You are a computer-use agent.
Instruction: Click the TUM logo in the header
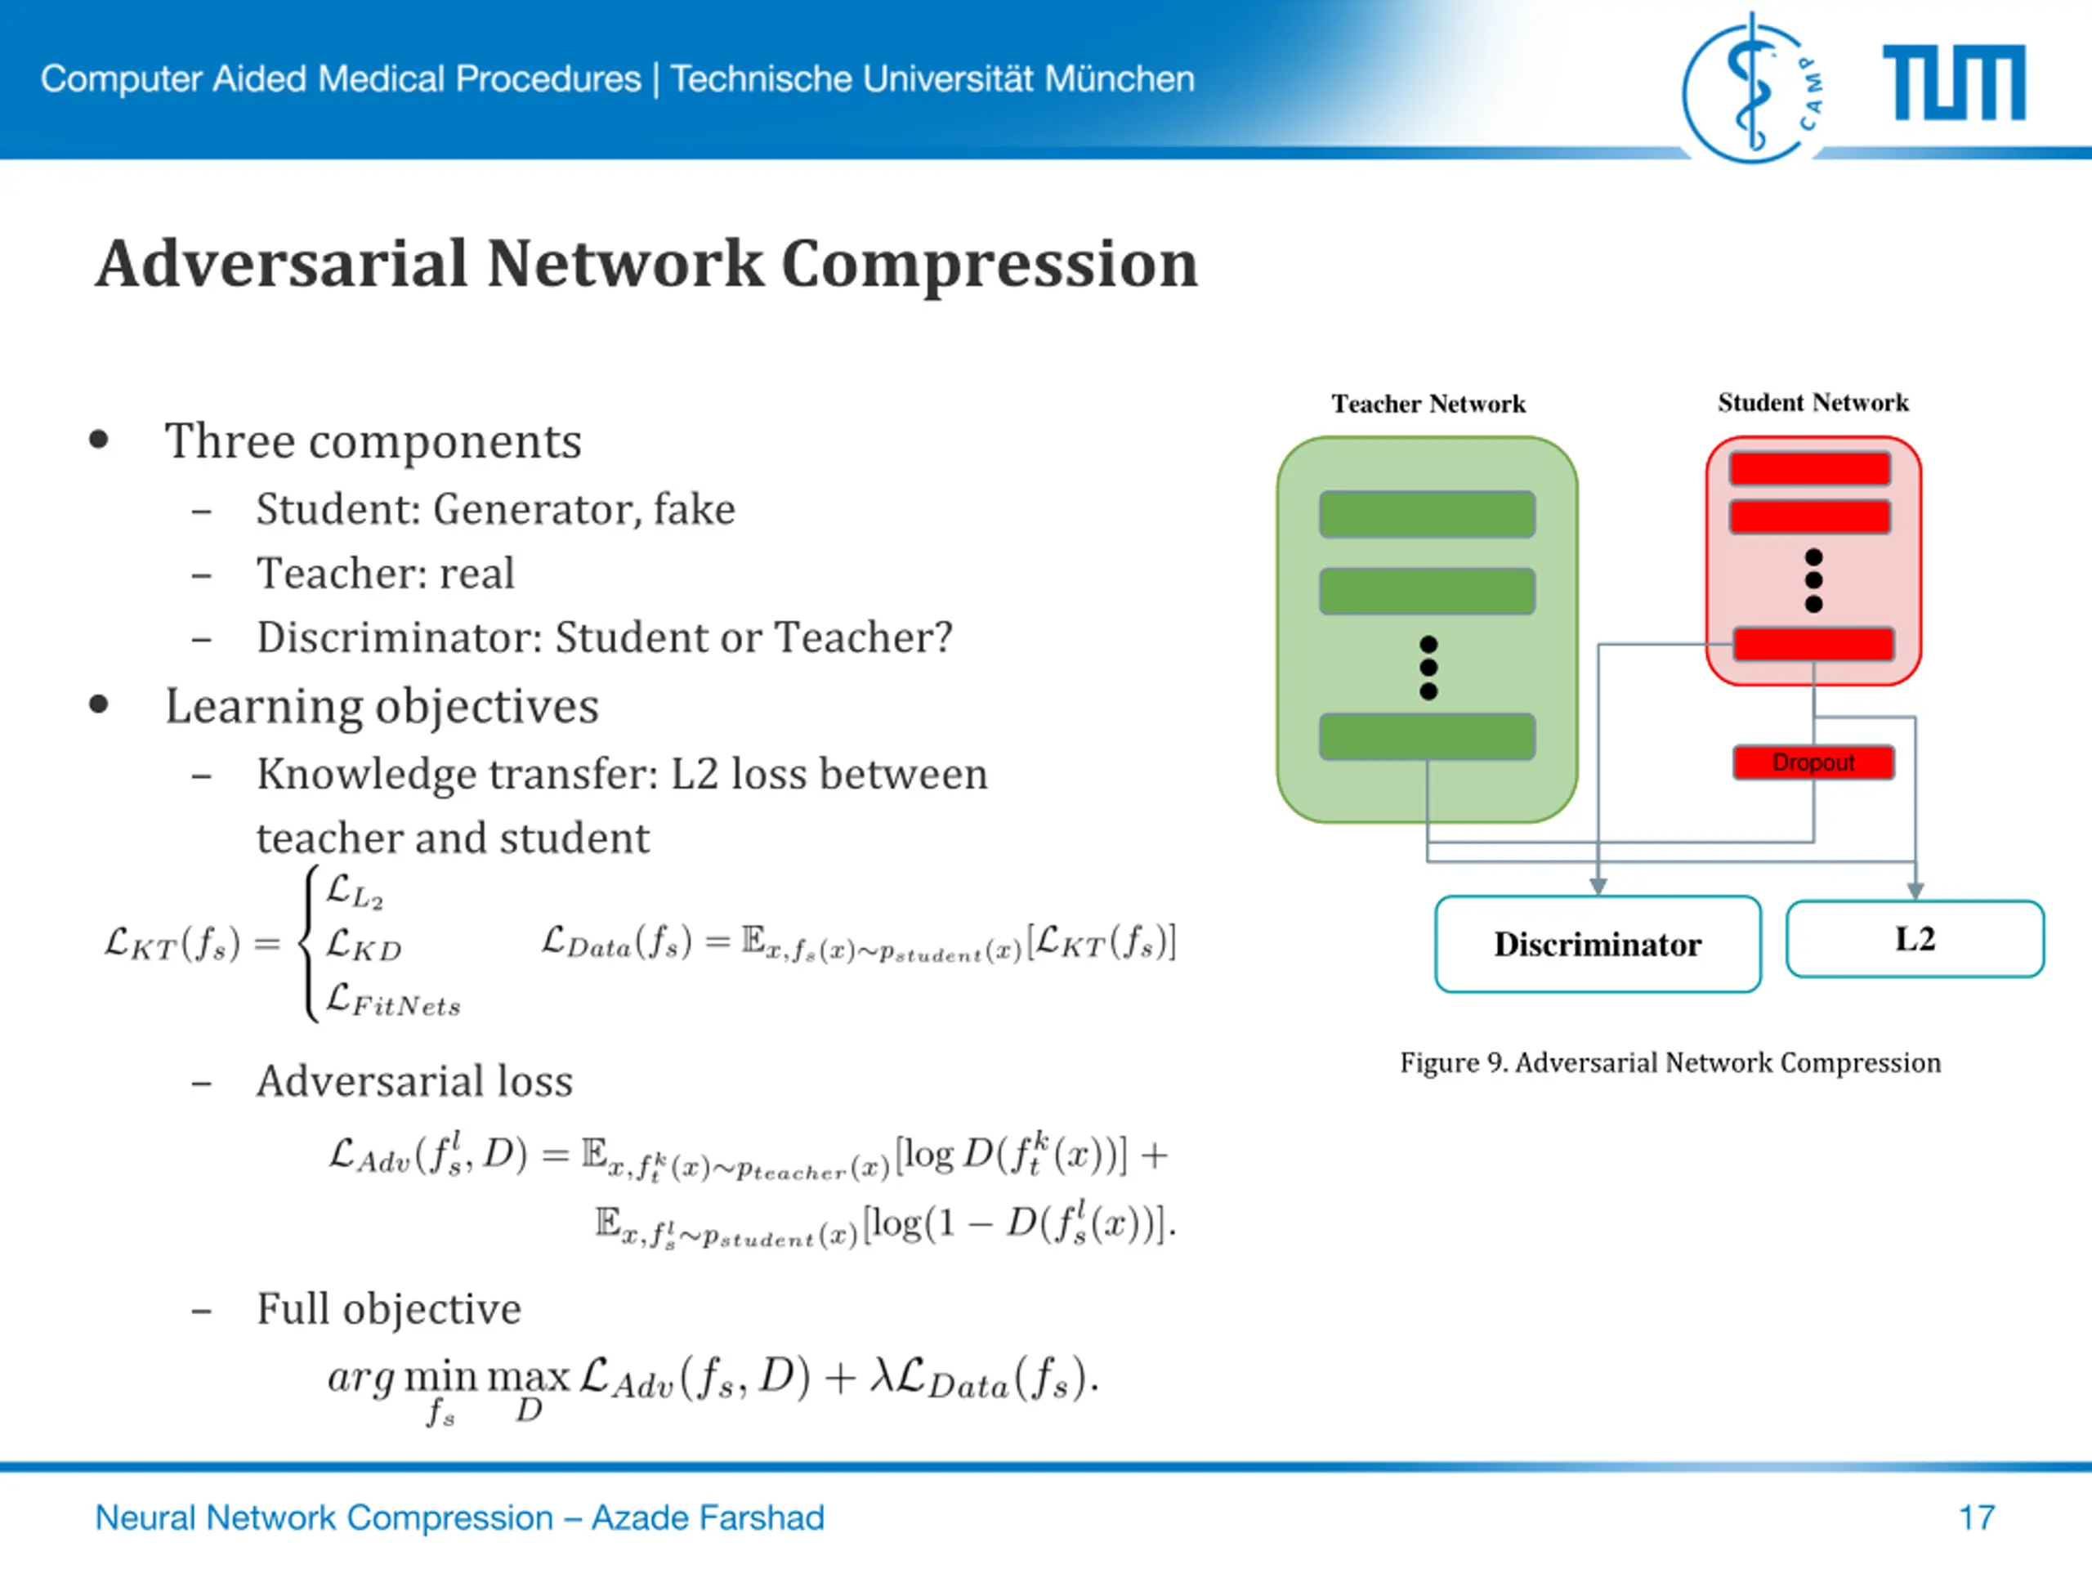(1954, 83)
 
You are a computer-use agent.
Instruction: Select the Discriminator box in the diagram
(1598, 944)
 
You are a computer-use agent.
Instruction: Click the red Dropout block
(1813, 762)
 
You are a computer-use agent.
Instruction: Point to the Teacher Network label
(1428, 404)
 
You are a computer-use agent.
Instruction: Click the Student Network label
(1813, 403)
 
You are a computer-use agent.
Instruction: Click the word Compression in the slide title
(990, 264)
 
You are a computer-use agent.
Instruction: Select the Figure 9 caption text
(1670, 1063)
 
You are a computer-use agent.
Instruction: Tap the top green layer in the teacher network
(1427, 515)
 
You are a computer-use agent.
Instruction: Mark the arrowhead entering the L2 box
(1915, 891)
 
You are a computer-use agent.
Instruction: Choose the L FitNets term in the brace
(392, 1000)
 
